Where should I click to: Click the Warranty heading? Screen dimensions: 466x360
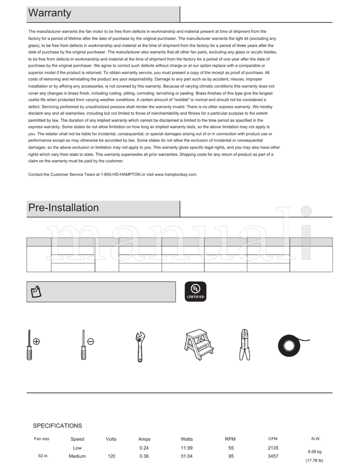(x=49, y=13)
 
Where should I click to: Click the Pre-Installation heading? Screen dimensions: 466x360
(x=63, y=208)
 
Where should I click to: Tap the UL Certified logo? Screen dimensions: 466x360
(x=196, y=291)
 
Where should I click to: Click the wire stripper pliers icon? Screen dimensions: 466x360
(x=245, y=345)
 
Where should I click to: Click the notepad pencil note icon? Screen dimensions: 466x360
(x=36, y=292)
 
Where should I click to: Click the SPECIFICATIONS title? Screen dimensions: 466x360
(x=58, y=426)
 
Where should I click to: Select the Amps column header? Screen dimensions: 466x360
(x=144, y=439)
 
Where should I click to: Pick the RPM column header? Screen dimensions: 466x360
(x=230, y=439)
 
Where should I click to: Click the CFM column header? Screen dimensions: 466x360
(x=273, y=439)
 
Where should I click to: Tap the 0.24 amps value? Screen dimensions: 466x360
(x=144, y=448)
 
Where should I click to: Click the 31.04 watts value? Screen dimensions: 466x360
(x=187, y=456)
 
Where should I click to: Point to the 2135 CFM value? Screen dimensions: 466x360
(x=273, y=448)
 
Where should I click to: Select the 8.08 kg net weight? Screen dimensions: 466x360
(x=315, y=452)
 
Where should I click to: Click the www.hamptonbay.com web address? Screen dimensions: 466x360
(x=175, y=175)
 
